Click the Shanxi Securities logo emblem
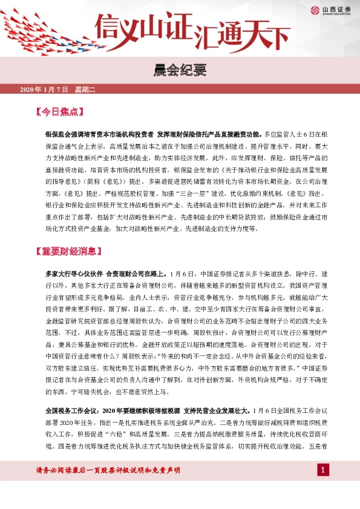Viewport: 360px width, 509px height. (x=315, y=10)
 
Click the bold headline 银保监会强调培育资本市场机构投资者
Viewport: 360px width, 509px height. (x=99, y=132)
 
